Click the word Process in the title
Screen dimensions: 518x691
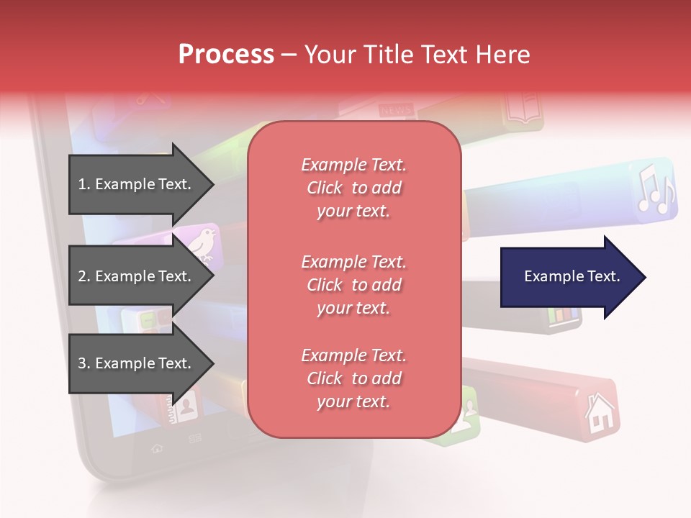226,54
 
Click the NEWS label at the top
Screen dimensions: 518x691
395,110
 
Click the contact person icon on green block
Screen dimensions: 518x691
467,413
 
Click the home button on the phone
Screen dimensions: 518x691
156,447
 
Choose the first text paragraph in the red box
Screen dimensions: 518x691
353,188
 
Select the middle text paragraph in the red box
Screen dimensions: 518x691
353,285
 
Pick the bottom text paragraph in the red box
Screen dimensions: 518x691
353,378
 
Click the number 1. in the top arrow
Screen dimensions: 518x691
83,184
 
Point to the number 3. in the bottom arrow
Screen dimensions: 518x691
83,363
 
